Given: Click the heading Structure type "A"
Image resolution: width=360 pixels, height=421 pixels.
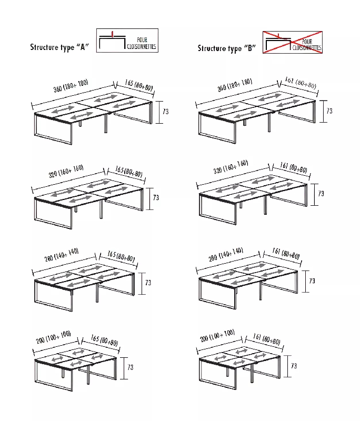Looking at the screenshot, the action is pos(59,47).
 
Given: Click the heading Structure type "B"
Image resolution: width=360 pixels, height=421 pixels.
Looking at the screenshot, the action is pos(227,48).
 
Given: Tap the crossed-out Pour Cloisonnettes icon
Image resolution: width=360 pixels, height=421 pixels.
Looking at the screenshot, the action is pos(292,43).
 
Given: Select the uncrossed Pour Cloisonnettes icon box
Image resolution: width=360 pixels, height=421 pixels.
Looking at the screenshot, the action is pos(127,41).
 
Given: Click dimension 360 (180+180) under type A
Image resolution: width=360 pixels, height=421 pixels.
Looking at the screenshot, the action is pos(71,86).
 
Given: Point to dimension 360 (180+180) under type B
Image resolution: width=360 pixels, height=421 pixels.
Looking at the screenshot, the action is pos(235,85).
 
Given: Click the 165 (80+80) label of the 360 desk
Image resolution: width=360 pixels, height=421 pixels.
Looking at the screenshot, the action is pos(139,85).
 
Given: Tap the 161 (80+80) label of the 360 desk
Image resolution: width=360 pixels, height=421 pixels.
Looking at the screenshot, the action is pos(301,83).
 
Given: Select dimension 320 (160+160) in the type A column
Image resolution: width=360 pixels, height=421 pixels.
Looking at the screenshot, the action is pos(66,171).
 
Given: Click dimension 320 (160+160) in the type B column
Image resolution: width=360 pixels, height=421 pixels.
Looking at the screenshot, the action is pos(231,167).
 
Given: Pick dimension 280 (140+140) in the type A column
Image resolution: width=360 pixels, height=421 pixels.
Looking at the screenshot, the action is pos(62,255).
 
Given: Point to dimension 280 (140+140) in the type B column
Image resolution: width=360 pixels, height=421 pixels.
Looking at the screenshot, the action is pos(226,254).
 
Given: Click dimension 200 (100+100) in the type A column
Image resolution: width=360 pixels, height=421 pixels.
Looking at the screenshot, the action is pos(54,337).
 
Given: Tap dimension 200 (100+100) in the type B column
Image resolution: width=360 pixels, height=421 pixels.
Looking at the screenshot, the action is pos(217,336).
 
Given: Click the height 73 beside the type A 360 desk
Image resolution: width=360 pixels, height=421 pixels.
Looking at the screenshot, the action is pos(166,112).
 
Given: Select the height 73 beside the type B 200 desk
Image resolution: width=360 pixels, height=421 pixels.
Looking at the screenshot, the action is pos(294,366).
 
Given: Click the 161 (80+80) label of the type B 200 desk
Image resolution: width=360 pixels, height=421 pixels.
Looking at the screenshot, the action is pos(266,339).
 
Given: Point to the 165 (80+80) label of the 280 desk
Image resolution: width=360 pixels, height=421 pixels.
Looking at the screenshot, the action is pos(121,256).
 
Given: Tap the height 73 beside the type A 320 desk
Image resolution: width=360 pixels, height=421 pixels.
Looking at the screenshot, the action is pos(156,198).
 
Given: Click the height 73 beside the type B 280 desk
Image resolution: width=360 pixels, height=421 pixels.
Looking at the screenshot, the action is pos(312,281).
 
